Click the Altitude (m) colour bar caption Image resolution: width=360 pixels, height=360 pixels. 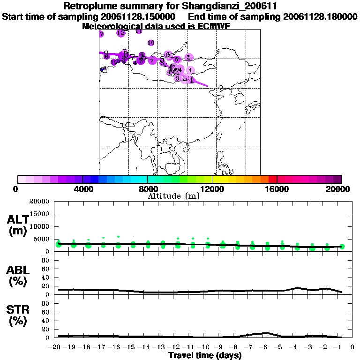pyautogui.click(x=173, y=196)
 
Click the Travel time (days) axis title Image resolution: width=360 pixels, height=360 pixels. pyautogui.click(x=205, y=356)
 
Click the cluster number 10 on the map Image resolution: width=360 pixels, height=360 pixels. pyautogui.click(x=151, y=43)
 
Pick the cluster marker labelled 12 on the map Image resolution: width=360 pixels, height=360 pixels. pyautogui.click(x=121, y=33)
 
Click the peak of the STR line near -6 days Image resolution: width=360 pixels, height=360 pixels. pyautogui.click(x=266, y=333)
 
